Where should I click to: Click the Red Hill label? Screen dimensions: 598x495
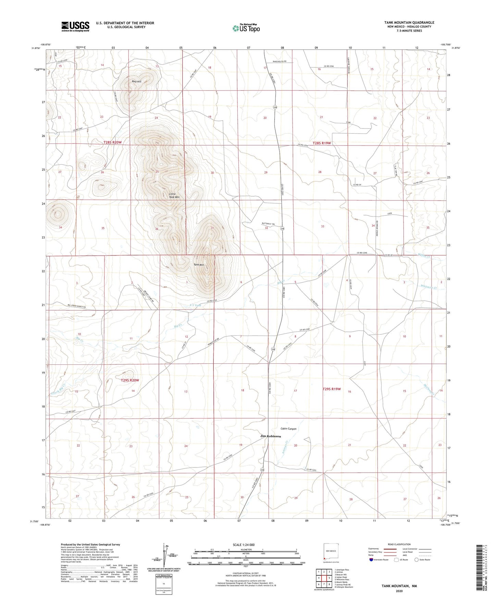[x=137, y=82]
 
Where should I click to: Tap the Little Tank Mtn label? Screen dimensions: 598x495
[x=174, y=196]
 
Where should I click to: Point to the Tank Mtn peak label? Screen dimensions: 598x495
[x=199, y=264]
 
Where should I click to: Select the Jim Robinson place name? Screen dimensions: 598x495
[x=271, y=436]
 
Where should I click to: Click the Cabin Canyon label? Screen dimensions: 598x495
[x=288, y=429]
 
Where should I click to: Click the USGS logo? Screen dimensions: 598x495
[x=75, y=26]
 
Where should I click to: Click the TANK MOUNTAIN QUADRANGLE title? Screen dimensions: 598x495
[x=409, y=23]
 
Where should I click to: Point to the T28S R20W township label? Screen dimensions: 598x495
[x=113, y=142]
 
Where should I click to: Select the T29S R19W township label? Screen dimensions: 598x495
[x=332, y=389]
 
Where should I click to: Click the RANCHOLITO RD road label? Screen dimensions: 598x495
[x=280, y=61]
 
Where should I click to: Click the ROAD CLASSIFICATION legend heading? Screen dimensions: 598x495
[x=399, y=545]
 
